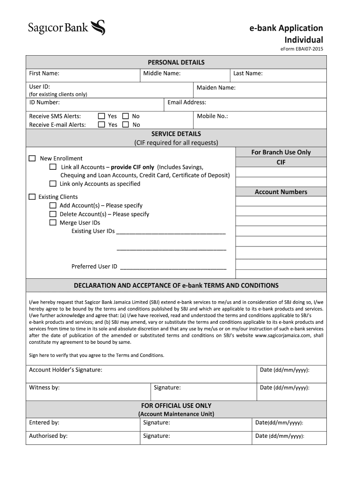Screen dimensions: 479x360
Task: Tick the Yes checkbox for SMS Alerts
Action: point(101,116)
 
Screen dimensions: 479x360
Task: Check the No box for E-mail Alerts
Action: point(125,125)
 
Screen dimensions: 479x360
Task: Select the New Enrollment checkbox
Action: point(32,159)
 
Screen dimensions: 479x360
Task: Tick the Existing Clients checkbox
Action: point(32,197)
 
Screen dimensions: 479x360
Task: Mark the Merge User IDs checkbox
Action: point(53,223)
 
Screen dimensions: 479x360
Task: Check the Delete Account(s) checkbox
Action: point(53,214)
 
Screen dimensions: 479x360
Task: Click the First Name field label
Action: point(44,73)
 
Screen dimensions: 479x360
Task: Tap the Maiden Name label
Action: point(216,88)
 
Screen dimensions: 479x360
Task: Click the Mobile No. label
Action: point(212,116)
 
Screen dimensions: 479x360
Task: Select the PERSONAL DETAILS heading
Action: point(176,62)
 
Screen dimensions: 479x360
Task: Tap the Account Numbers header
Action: point(281,192)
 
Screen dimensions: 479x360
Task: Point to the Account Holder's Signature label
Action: point(65,370)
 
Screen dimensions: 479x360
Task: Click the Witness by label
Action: point(44,387)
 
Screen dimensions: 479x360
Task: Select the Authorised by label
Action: point(48,436)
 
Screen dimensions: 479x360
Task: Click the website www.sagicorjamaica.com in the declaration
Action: point(284,335)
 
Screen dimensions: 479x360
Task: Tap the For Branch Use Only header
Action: point(281,152)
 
